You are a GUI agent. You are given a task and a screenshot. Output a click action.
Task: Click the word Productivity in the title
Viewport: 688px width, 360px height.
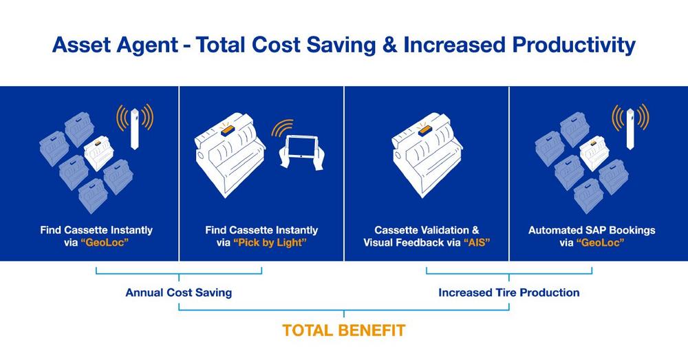click(574, 45)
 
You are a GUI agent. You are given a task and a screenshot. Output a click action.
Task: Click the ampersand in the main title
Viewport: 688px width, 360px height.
click(389, 45)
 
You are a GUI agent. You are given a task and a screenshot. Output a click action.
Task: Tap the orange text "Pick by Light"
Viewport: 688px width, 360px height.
click(270, 243)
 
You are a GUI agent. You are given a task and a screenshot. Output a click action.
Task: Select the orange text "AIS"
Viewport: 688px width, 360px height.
click(477, 243)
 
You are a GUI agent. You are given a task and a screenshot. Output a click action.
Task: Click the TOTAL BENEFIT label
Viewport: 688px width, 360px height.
click(343, 330)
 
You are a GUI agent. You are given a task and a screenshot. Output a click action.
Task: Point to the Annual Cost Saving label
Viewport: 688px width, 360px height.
click(179, 293)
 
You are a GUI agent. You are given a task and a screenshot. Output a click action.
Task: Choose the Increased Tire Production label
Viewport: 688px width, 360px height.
click(509, 293)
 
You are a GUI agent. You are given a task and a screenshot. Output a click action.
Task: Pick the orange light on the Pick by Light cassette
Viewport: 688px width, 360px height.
click(226, 130)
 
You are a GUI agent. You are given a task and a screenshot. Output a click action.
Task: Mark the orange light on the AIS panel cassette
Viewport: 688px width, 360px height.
click(424, 130)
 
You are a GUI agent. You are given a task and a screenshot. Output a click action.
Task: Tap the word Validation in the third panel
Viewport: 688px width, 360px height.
click(443, 230)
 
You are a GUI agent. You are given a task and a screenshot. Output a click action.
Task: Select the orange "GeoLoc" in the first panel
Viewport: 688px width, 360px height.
click(105, 243)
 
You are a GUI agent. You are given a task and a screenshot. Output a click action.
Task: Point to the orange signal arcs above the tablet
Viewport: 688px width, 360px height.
click(281, 127)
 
